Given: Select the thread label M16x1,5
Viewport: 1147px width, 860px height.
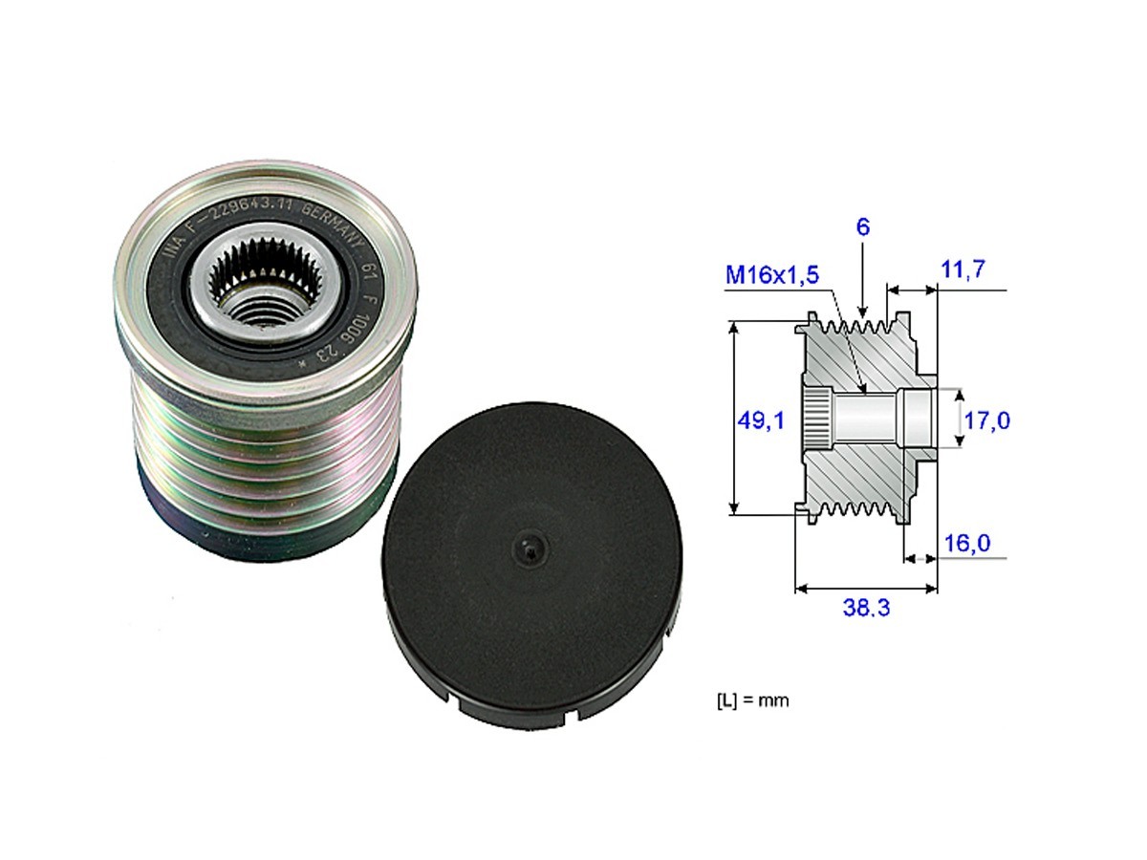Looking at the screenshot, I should [x=771, y=275].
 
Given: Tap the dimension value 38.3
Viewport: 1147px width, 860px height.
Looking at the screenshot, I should [x=866, y=608].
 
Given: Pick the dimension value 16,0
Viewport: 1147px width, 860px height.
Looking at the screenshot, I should [x=966, y=543].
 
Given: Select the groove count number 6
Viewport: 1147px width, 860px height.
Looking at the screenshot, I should [x=862, y=229].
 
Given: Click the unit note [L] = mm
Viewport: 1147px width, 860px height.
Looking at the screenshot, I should [x=752, y=700].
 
